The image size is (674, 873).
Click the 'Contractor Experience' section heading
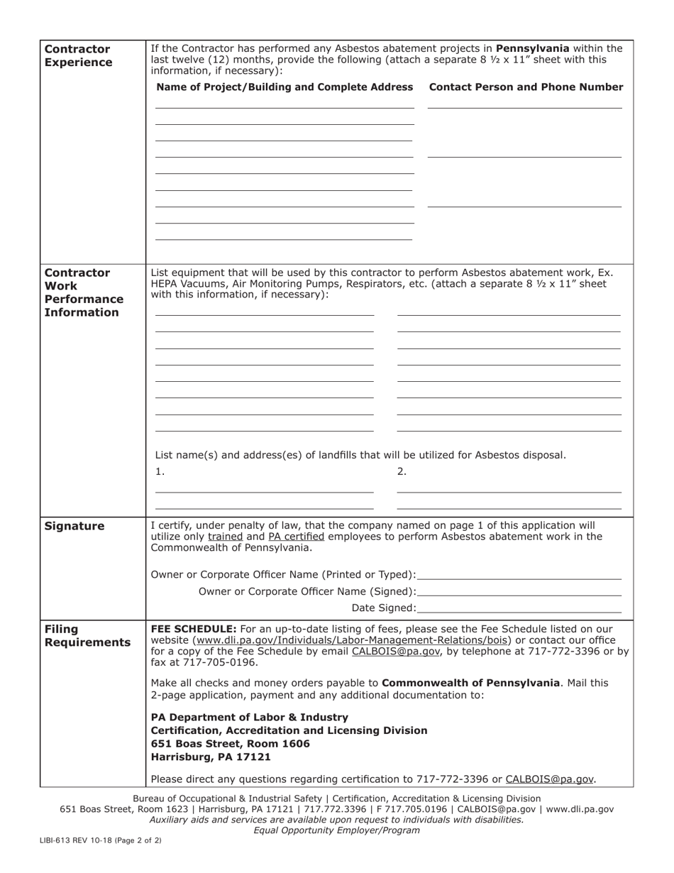coord(78,55)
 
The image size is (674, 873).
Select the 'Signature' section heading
coord(74,526)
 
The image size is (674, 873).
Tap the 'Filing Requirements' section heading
coord(87,635)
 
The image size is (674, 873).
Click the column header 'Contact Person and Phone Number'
coord(526,87)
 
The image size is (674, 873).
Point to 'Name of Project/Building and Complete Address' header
coord(284,87)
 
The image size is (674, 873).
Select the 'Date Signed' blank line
coord(519,608)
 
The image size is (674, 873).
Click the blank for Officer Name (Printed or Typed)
coord(519,574)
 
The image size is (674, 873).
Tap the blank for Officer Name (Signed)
coord(519,591)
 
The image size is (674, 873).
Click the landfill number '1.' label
coord(160,471)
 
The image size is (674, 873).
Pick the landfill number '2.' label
coord(402,471)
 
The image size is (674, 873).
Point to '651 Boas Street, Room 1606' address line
coord(231,744)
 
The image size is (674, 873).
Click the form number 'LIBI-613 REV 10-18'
coord(80,840)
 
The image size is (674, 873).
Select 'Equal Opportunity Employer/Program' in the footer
coord(336,830)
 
